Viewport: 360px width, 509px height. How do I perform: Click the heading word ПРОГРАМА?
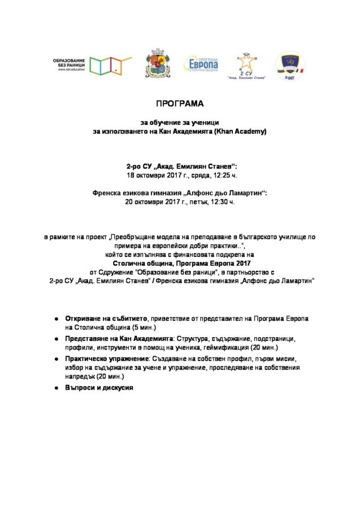[x=179, y=104]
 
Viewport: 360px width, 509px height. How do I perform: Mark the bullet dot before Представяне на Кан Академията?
[x=58, y=339]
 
